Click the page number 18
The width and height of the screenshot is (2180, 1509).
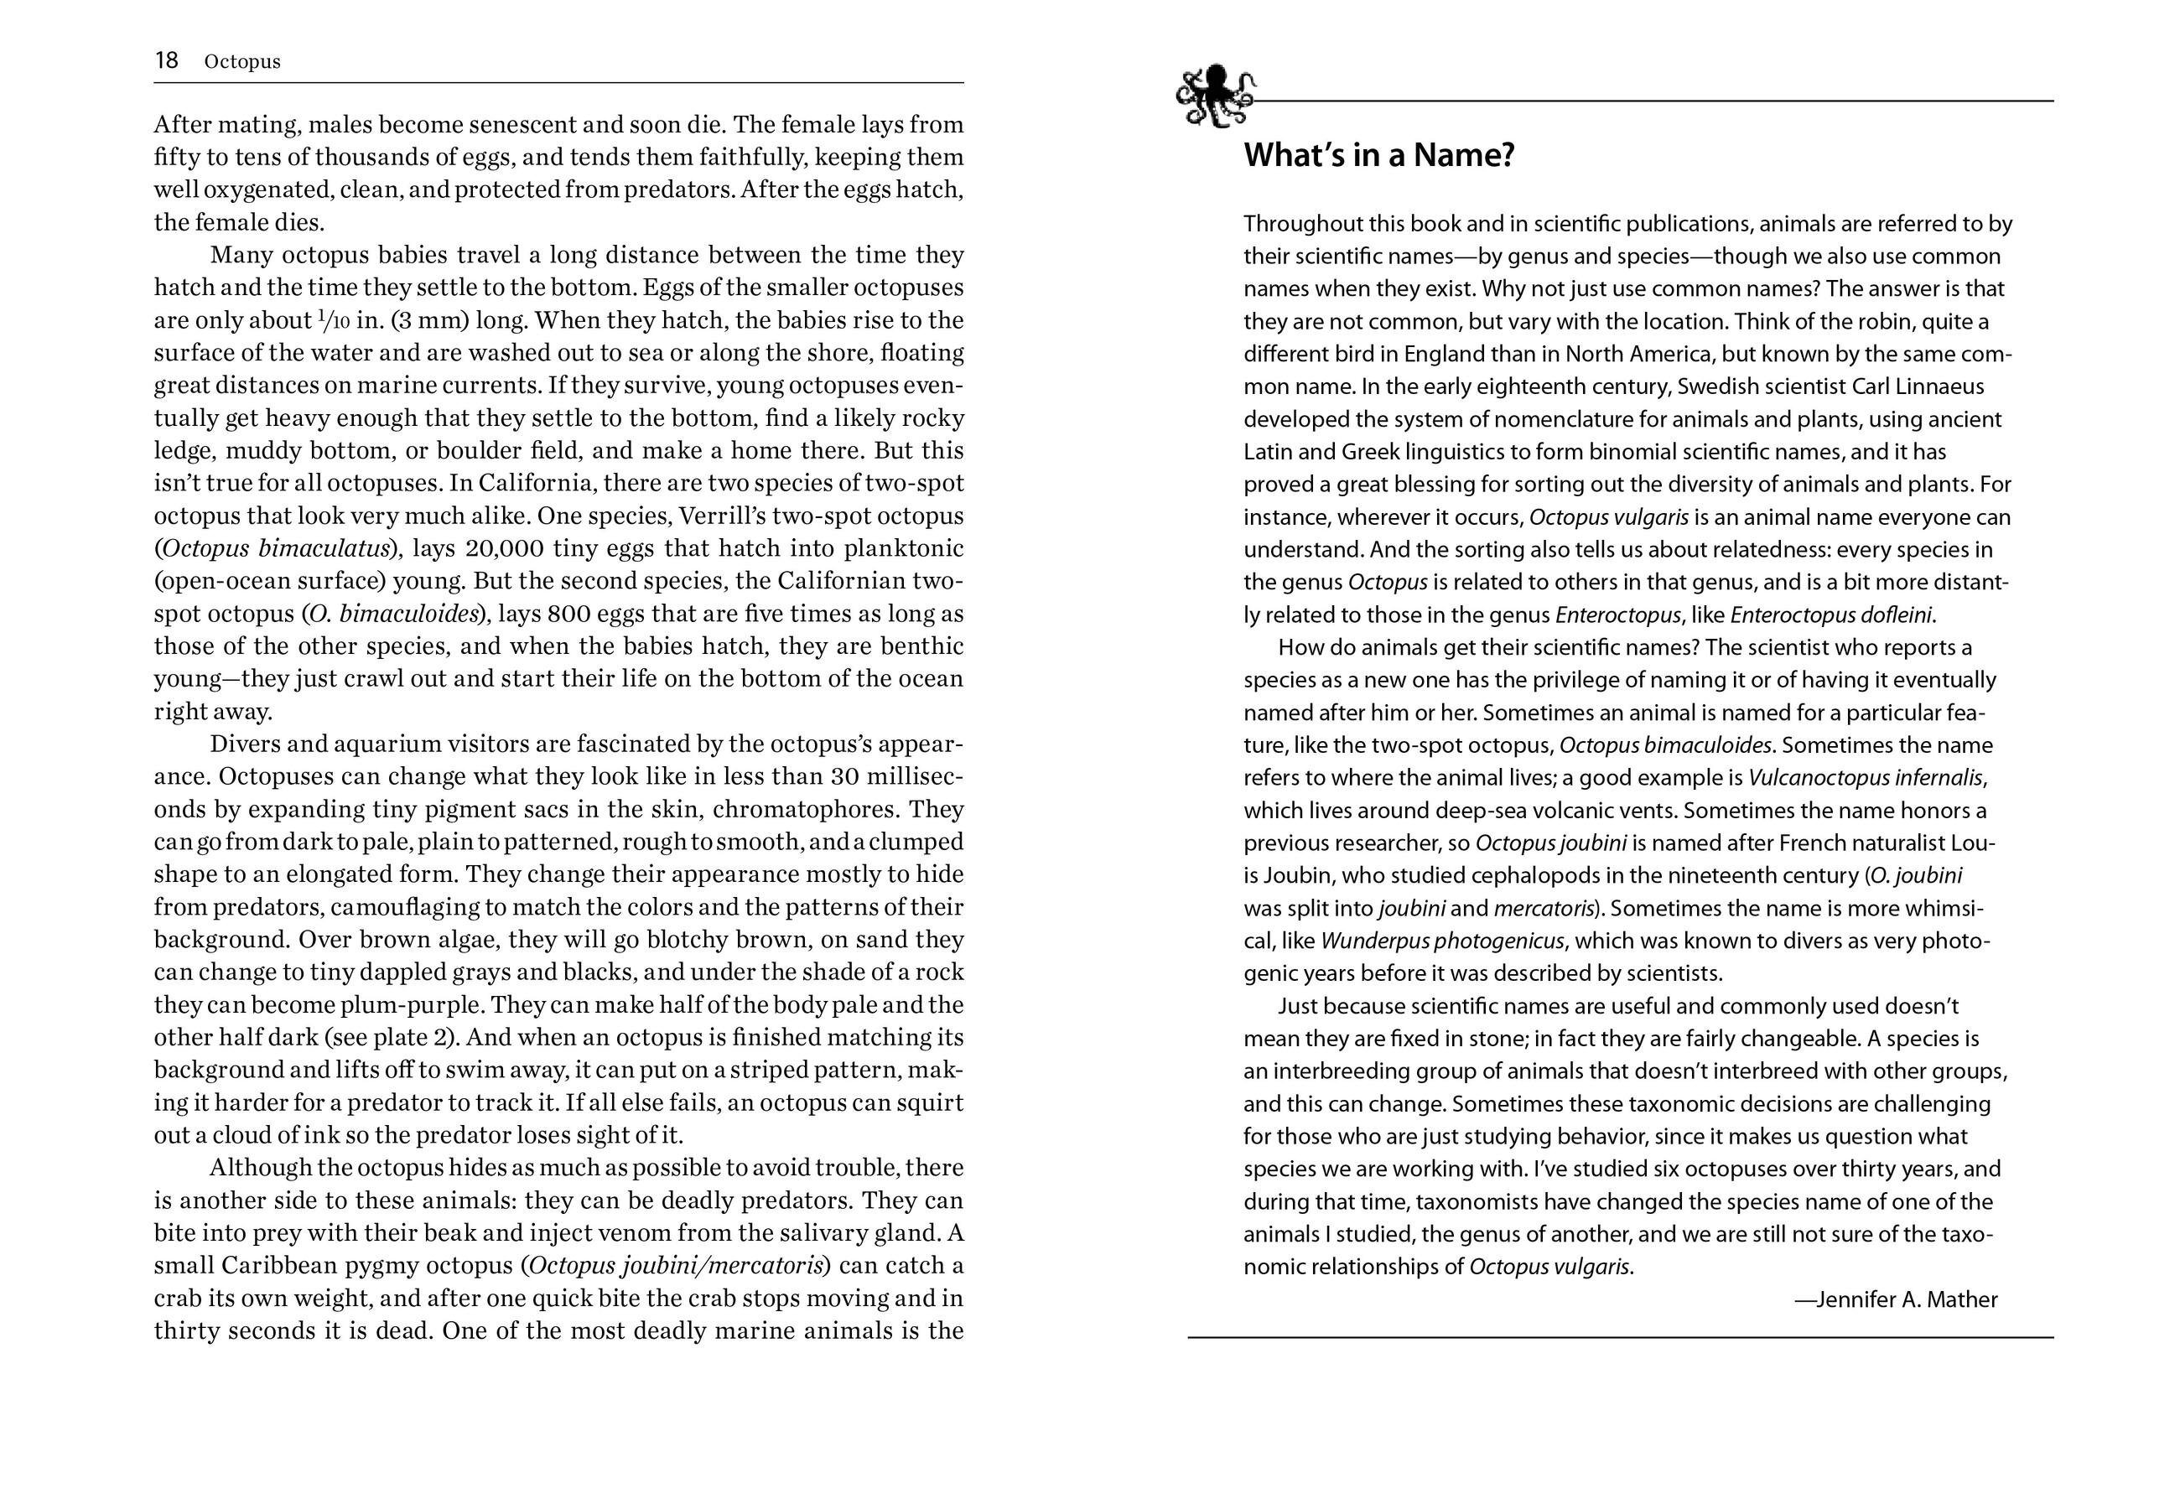pyautogui.click(x=166, y=60)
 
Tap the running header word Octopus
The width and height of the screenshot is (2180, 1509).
pyautogui.click(x=242, y=61)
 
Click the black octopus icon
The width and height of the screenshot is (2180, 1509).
pyautogui.click(x=1215, y=96)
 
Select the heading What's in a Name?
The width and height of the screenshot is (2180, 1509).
pyautogui.click(x=1378, y=155)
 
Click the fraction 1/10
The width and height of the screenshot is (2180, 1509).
pyautogui.click(x=334, y=319)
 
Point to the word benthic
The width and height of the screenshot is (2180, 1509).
pyautogui.click(x=921, y=646)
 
